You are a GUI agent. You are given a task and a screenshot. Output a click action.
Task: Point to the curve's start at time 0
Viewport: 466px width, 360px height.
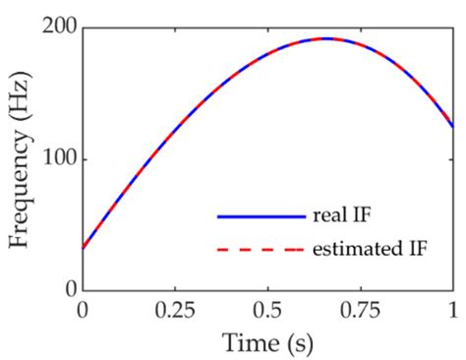(x=83, y=247)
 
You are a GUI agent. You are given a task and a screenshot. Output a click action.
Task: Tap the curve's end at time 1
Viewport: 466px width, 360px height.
(x=452, y=126)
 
